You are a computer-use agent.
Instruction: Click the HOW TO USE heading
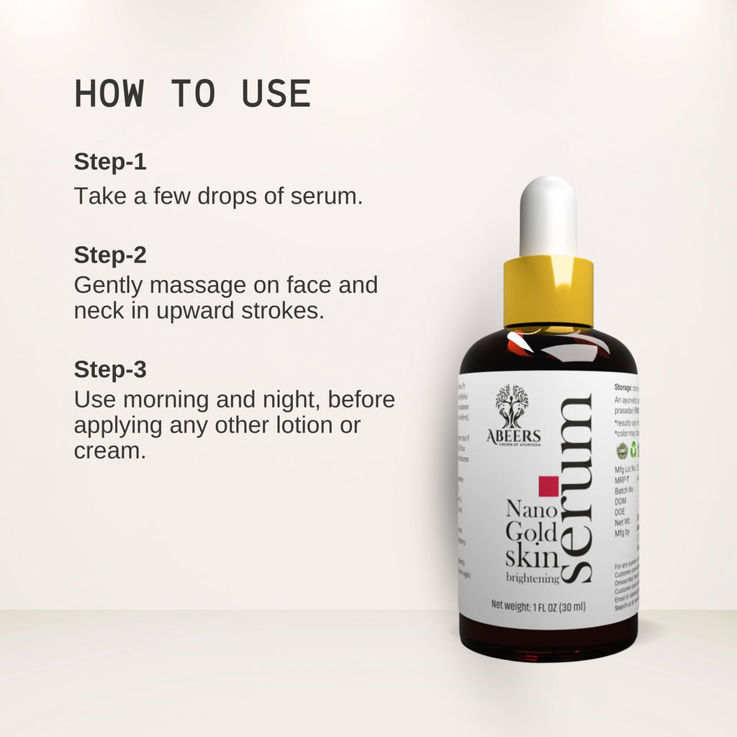pos(192,94)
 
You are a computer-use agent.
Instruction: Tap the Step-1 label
pos(110,162)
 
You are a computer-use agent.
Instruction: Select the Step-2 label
pos(110,255)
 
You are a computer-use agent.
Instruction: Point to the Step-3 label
pos(110,369)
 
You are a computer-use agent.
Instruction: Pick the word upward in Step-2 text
pos(184,310)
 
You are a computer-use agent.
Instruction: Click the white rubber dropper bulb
pos(548,216)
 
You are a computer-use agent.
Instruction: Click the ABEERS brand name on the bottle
pos(513,436)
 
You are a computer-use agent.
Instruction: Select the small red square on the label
pos(548,487)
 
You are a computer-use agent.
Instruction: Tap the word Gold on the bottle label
pos(531,533)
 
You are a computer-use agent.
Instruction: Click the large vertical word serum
pos(577,489)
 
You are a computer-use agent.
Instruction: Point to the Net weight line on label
pos(538,606)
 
